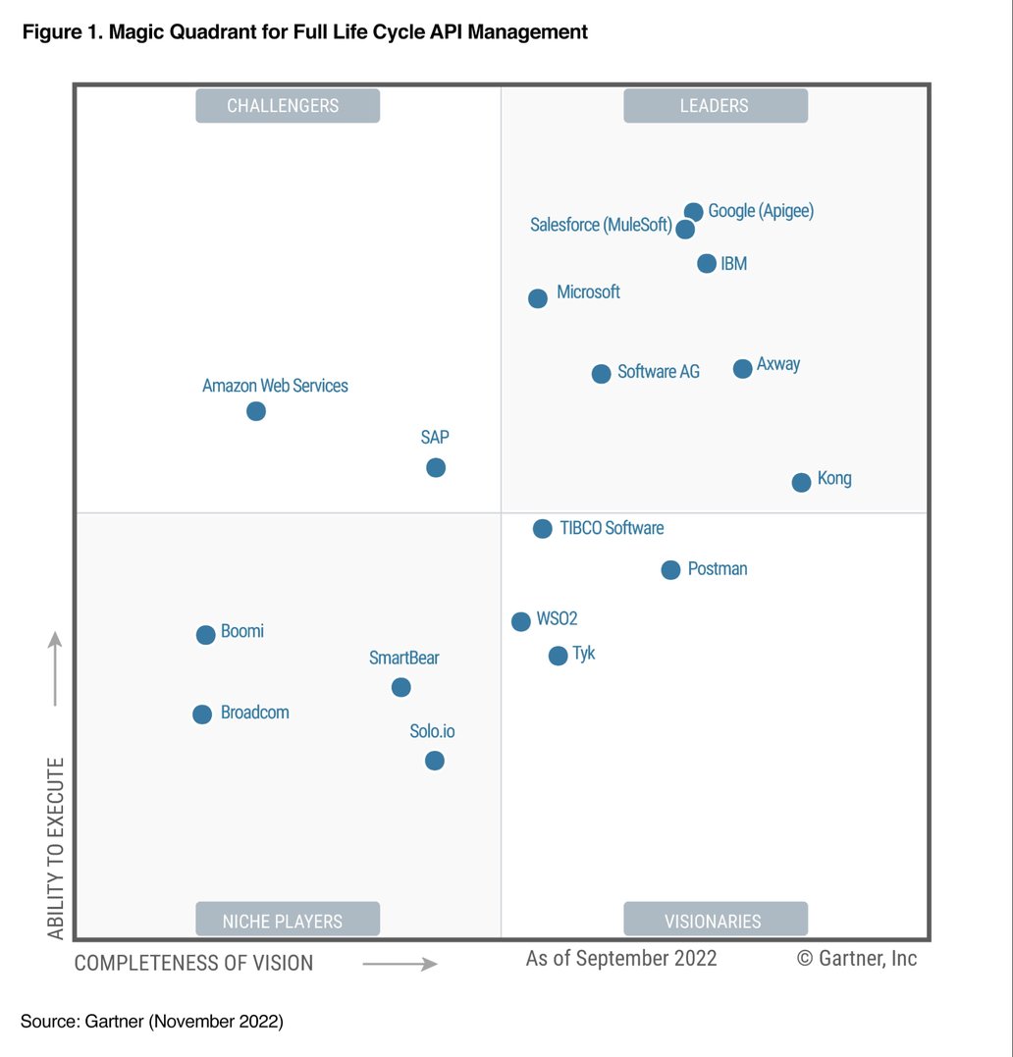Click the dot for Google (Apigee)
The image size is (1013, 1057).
coord(693,212)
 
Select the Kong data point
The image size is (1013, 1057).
coord(801,482)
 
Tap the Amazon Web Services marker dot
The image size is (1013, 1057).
coord(256,411)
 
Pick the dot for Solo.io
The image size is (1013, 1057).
coord(435,761)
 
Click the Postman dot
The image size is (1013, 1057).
coord(670,570)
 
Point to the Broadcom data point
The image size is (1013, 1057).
coord(202,714)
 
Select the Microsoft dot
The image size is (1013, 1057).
coord(538,298)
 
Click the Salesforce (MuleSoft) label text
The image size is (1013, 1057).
coord(601,226)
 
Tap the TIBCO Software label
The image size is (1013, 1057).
coord(612,528)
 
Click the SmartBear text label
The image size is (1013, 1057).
coord(403,658)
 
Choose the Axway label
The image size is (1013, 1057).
coord(778,364)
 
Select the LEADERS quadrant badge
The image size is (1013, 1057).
coord(715,106)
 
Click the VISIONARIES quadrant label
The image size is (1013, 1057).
coord(715,921)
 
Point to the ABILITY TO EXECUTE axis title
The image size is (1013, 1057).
coord(56,848)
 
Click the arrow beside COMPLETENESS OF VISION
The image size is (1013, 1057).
coord(400,964)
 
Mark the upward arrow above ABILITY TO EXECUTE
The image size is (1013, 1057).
coord(56,668)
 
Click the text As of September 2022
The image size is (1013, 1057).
coord(621,958)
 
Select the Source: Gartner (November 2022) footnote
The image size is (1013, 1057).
coord(152,1022)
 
